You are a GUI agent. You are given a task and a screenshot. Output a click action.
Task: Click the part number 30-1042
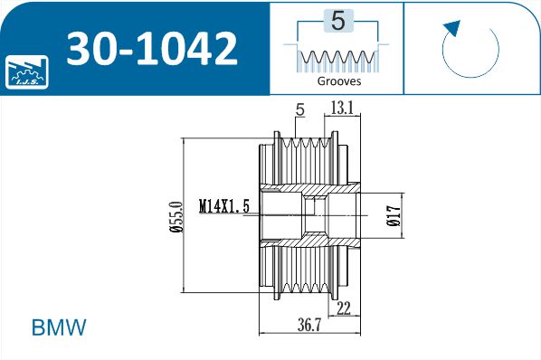pyautogui.click(x=152, y=48)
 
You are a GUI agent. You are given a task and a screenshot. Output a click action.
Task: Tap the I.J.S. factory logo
pyautogui.click(x=27, y=72)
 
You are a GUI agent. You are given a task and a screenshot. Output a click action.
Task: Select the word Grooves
pyautogui.click(x=339, y=81)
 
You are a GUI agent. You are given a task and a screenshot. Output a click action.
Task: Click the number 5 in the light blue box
pyautogui.click(x=338, y=21)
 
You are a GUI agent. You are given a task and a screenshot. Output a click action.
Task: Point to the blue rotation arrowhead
pyautogui.click(x=452, y=27)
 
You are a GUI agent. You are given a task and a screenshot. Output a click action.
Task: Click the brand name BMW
pyautogui.click(x=59, y=327)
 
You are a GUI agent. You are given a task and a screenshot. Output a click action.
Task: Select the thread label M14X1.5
pyautogui.click(x=224, y=206)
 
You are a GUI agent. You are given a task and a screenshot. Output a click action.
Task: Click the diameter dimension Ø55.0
pyautogui.click(x=176, y=217)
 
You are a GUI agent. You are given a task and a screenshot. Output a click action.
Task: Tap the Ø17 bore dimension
pyautogui.click(x=394, y=216)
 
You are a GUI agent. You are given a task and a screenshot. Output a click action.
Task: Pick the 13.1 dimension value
pyautogui.click(x=342, y=108)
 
